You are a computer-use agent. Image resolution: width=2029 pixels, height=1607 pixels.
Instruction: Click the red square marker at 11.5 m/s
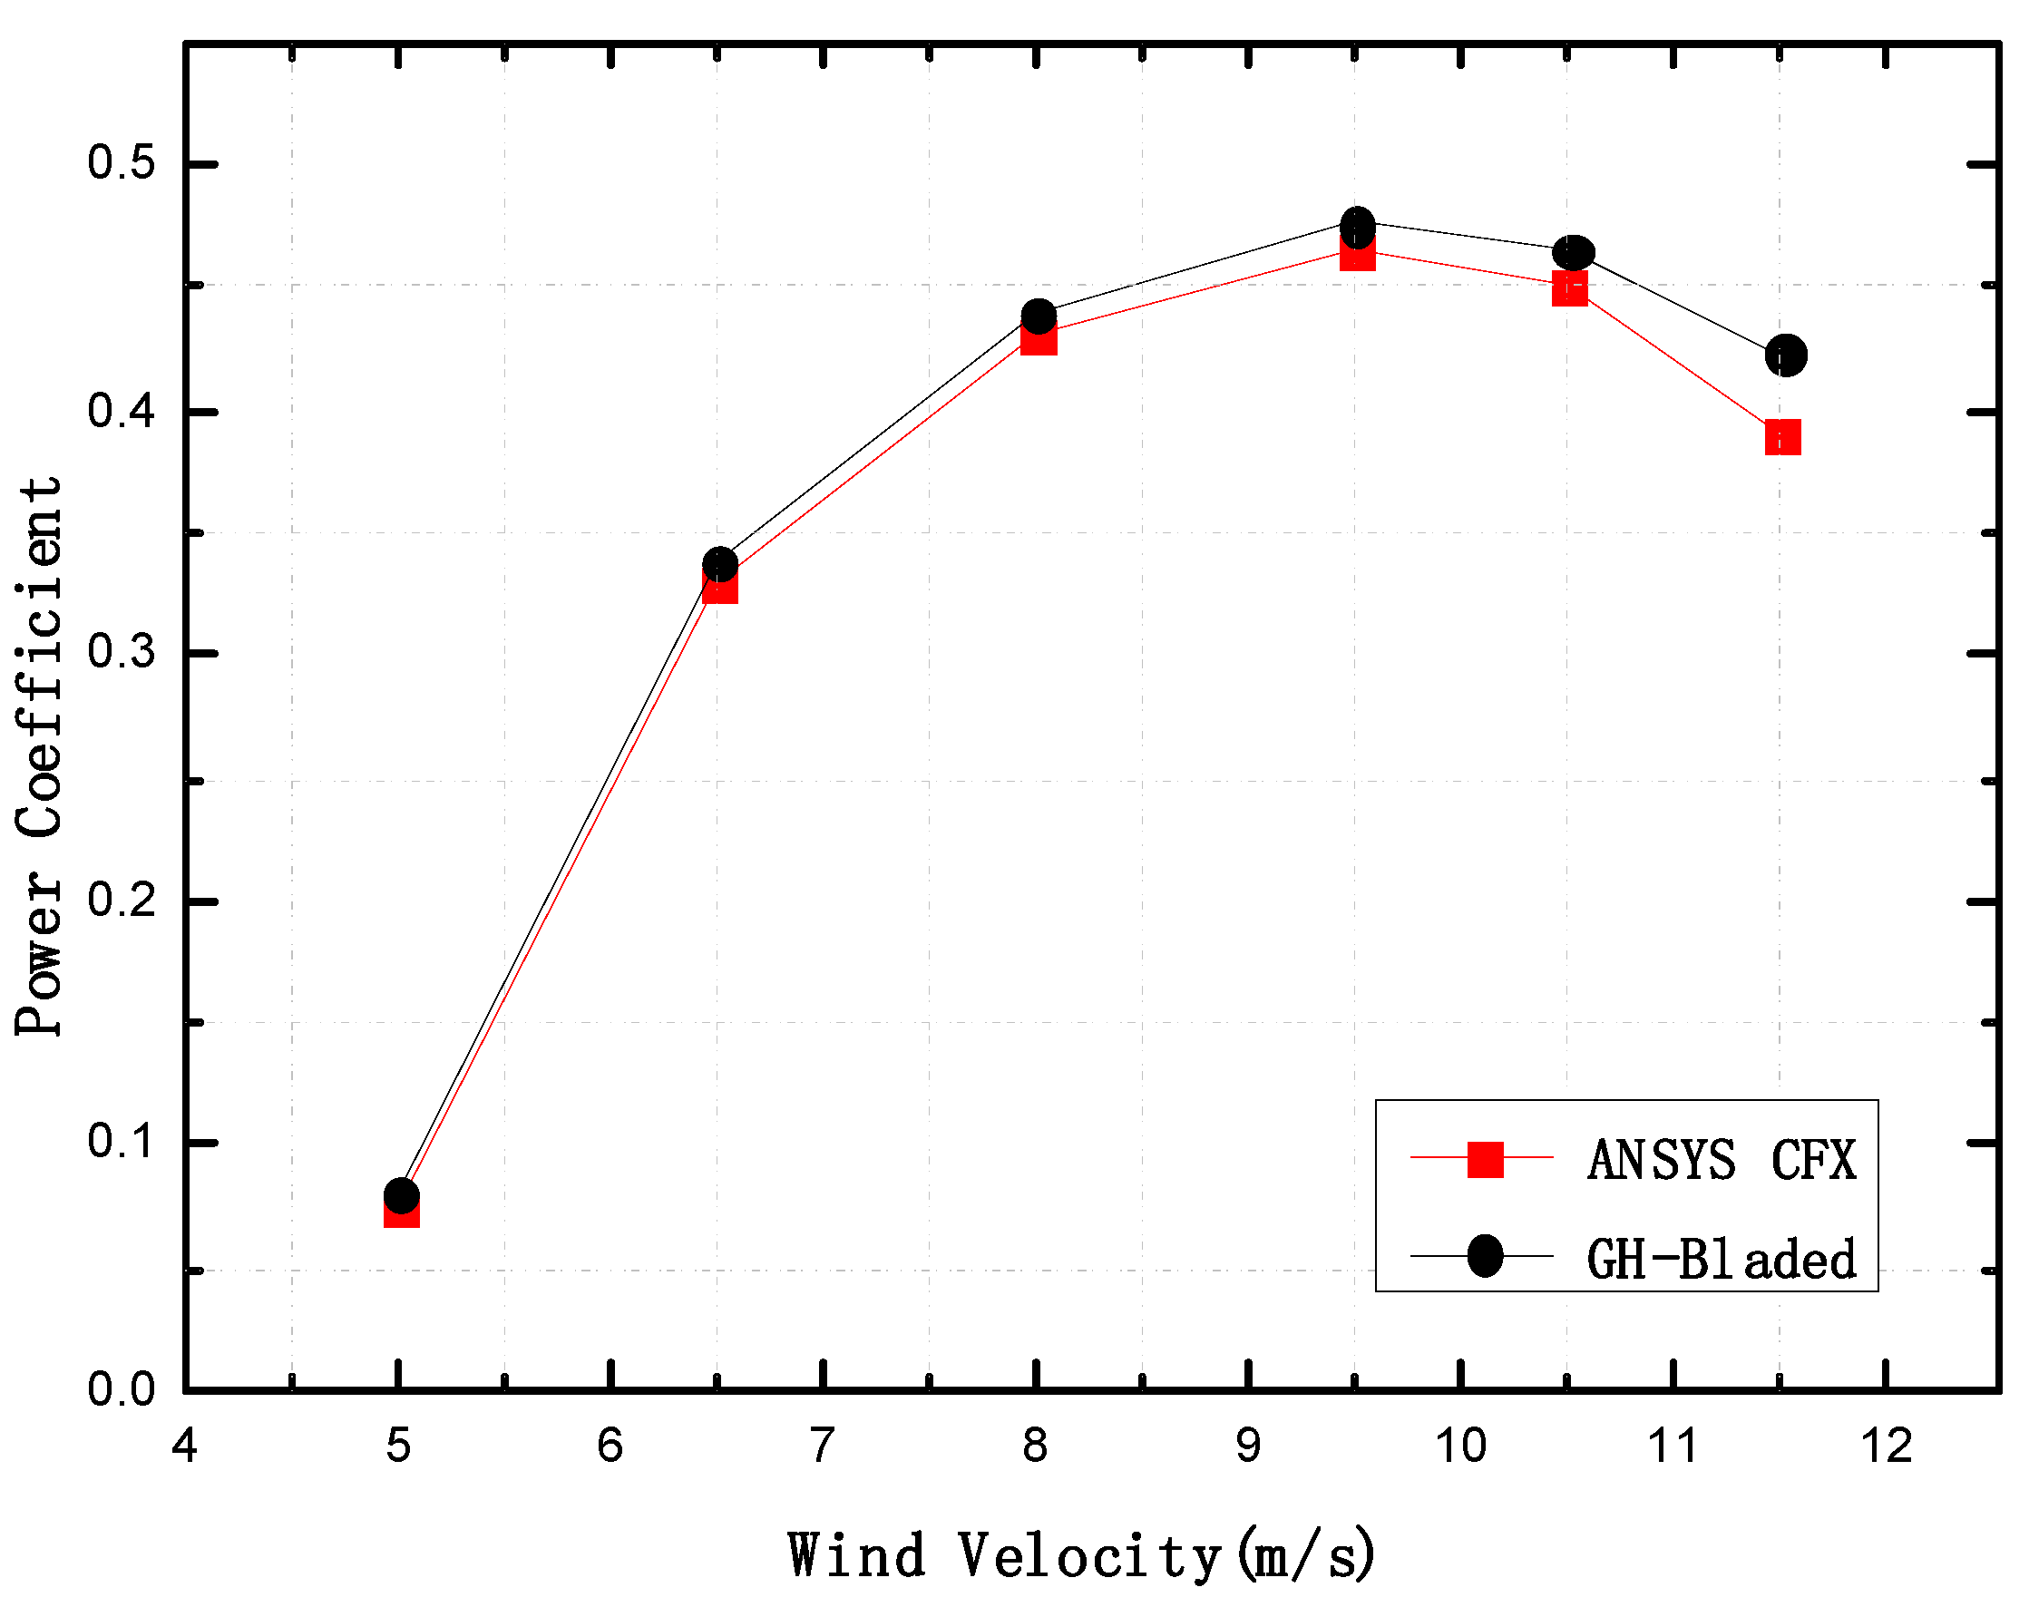coord(1782,437)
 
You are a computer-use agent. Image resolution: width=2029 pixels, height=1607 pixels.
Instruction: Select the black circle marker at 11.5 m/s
coord(1785,355)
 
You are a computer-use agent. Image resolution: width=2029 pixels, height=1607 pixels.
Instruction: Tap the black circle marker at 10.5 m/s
coord(1573,252)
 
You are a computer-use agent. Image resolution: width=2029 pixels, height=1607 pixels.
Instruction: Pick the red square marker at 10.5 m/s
coord(1570,289)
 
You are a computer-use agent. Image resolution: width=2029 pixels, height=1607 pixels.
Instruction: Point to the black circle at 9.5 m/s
coord(1357,226)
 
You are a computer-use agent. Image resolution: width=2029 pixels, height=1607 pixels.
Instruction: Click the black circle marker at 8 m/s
coord(1038,317)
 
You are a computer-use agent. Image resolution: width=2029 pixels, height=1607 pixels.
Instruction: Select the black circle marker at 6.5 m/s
coord(720,564)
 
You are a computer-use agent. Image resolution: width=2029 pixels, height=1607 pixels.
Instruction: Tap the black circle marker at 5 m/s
coord(402,1195)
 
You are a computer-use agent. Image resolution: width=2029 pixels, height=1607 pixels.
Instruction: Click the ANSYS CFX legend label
coord(1722,1160)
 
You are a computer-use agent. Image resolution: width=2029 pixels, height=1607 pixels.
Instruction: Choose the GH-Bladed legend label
coord(1722,1260)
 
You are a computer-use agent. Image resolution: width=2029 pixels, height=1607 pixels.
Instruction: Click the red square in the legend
coord(1485,1159)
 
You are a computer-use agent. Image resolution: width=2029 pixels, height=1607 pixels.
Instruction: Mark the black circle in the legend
coord(1485,1256)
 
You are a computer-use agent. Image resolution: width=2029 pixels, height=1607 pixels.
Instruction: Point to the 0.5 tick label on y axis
coord(122,162)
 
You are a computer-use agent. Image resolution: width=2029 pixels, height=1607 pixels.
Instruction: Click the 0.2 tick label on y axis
coord(122,901)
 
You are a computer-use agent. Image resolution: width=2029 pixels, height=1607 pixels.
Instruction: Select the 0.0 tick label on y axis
coord(122,1389)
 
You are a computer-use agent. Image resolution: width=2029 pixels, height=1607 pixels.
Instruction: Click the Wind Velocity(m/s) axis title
coord(1082,1555)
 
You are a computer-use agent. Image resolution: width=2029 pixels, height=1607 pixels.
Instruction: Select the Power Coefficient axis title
coord(40,757)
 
